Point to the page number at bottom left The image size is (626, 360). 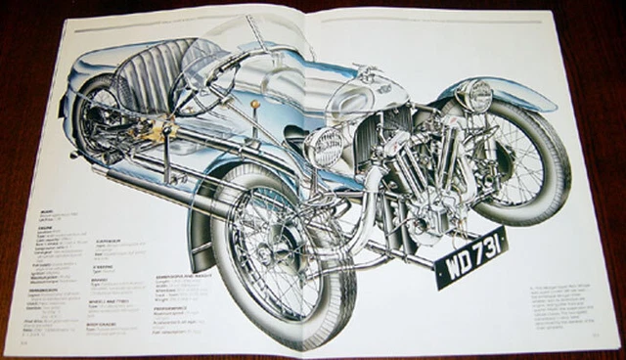[22, 342]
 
